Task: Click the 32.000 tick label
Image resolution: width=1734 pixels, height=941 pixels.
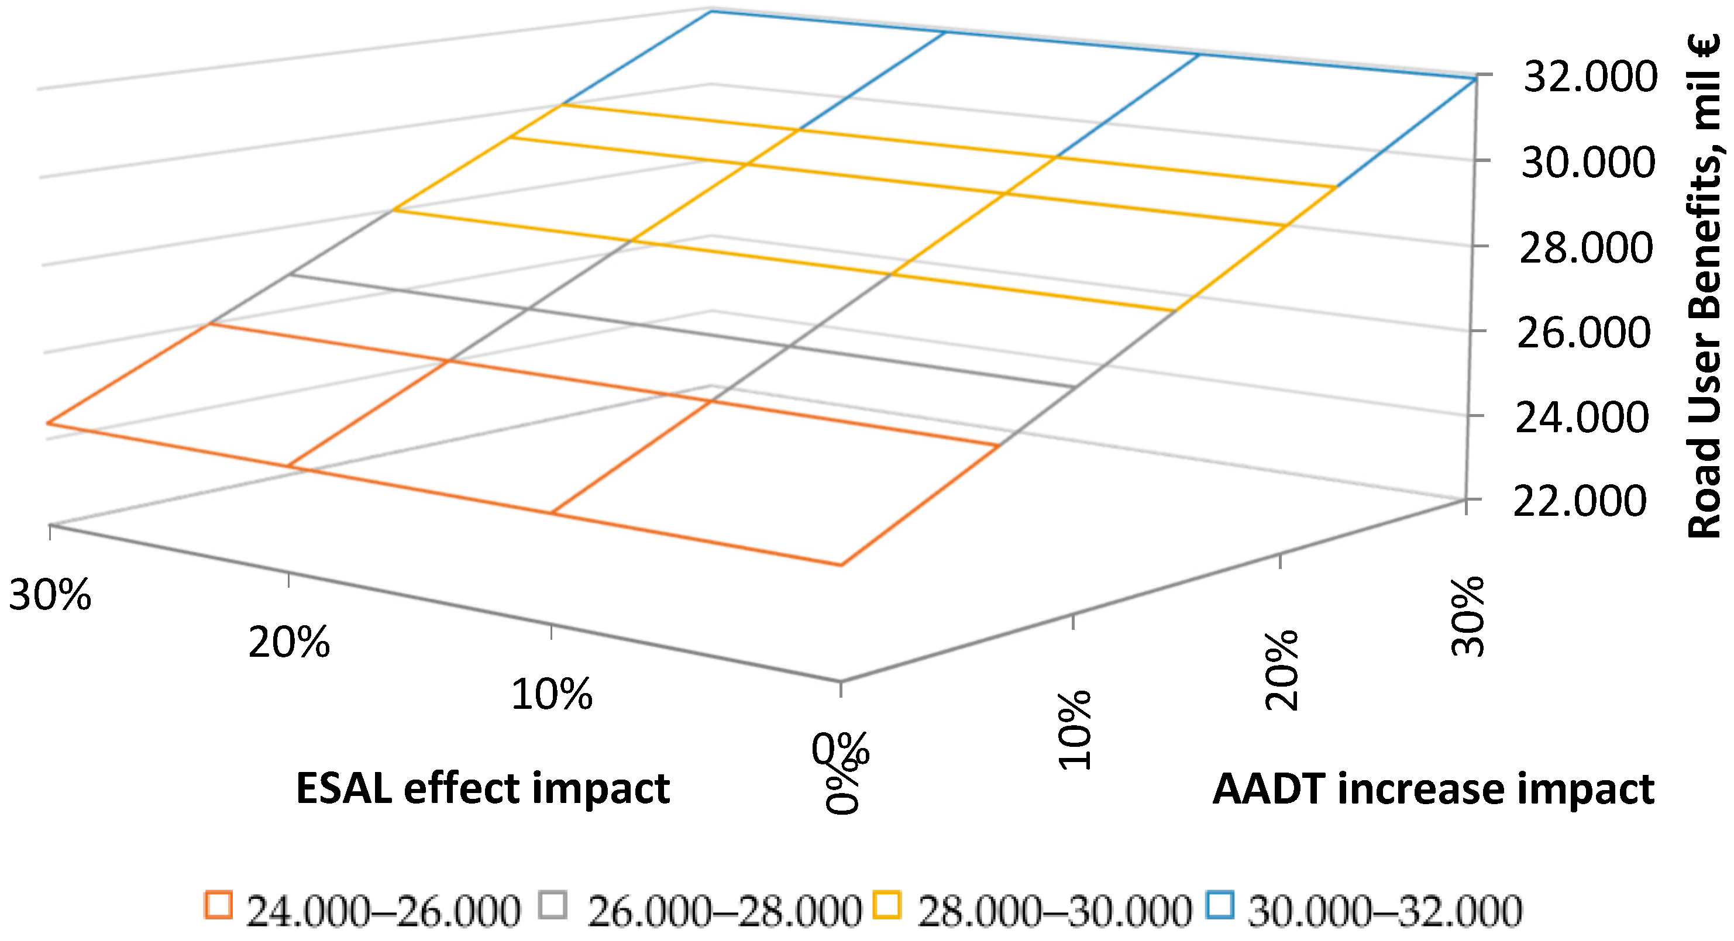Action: point(1590,77)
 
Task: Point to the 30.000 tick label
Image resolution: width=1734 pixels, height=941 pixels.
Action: point(1588,163)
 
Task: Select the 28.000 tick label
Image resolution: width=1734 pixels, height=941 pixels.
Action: point(1587,249)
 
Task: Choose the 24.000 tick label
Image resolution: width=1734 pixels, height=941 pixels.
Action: point(1582,418)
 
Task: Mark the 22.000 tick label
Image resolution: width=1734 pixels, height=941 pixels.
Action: point(1581,501)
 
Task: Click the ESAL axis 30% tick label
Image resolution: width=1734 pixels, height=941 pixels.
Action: point(50,595)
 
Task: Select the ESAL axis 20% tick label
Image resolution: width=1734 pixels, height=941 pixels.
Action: point(290,642)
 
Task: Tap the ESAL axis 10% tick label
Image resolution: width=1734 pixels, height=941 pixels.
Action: point(552,695)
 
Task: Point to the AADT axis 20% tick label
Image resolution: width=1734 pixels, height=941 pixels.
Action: point(1282,670)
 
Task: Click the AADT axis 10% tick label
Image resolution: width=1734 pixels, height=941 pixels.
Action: point(1074,730)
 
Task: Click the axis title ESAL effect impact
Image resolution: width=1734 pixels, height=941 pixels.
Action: point(483,788)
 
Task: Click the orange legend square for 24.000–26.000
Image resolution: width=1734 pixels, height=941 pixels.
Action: point(218,905)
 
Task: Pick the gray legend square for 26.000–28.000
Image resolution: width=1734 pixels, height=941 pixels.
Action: point(553,905)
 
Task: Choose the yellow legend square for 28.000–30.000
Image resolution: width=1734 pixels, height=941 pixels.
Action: point(886,905)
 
